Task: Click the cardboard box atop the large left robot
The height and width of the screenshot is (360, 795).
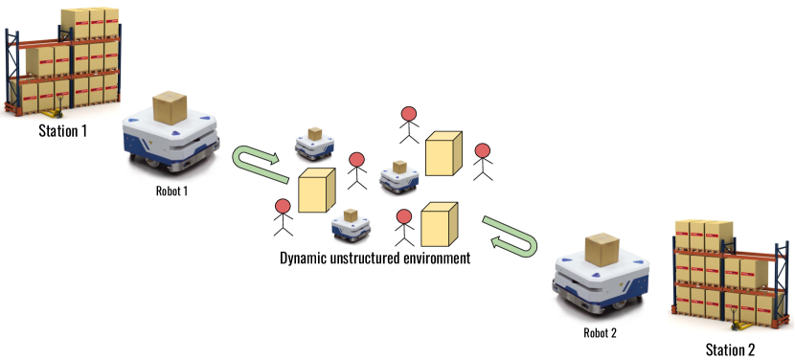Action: point(170,107)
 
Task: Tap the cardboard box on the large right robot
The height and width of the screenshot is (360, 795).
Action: point(602,249)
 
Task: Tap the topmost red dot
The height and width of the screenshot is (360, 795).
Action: point(409,113)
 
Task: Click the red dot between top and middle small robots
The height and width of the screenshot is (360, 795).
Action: point(356,160)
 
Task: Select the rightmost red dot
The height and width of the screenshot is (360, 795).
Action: point(483,150)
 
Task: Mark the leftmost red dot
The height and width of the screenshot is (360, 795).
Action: point(283,206)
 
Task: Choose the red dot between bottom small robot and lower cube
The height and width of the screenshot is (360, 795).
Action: point(404,216)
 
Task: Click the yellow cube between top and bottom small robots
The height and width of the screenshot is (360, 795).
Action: point(316,191)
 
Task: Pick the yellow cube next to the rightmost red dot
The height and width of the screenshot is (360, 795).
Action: point(443,154)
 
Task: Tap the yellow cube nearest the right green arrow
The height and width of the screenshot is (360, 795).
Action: point(439,225)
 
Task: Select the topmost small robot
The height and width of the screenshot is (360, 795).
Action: point(314,146)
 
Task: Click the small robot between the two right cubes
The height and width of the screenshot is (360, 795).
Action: point(398,179)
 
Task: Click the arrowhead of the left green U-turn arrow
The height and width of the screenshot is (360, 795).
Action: point(274,160)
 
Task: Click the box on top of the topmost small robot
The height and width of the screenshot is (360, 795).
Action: point(314,134)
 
